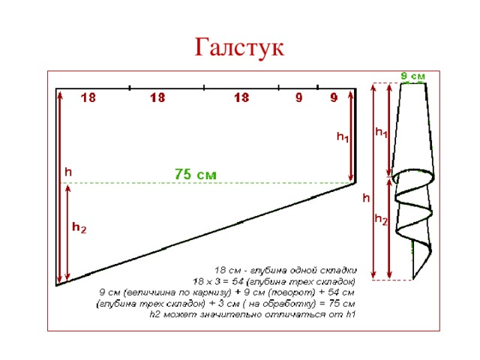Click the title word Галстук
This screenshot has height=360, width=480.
239,47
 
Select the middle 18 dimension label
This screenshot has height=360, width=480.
157,98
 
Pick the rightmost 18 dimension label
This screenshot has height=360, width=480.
241,98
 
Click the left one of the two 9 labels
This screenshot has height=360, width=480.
298,98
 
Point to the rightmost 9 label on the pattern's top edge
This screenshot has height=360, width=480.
334,98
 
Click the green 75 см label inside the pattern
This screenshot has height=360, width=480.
196,174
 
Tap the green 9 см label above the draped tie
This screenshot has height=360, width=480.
412,76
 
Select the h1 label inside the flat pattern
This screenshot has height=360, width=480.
343,138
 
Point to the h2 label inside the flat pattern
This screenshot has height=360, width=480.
79,226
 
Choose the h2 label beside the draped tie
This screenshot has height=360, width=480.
381,220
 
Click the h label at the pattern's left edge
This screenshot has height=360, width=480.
68,172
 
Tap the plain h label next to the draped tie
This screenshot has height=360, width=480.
366,198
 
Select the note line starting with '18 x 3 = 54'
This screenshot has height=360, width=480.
274,281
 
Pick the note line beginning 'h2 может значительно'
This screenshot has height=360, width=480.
252,315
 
